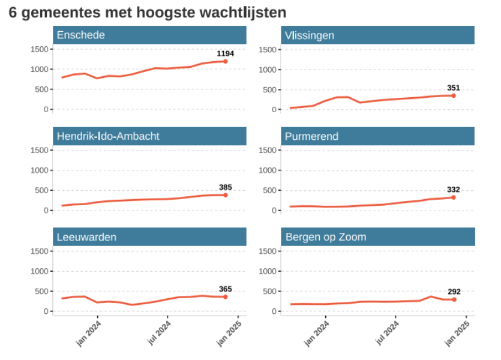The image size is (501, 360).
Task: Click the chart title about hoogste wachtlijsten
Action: (148, 13)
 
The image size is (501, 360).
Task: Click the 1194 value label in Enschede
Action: (225, 53)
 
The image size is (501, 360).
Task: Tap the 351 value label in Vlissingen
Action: (454, 88)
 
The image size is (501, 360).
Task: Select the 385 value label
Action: (226, 187)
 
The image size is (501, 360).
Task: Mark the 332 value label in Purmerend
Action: (454, 190)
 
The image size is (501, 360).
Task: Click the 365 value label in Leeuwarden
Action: (226, 289)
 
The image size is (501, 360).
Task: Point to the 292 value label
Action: (454, 292)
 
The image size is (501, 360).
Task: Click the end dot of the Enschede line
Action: (226, 61)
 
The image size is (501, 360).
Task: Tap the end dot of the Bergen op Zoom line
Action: (454, 299)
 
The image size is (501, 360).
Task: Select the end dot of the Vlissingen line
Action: (454, 95)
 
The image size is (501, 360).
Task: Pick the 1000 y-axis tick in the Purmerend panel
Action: (266, 170)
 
